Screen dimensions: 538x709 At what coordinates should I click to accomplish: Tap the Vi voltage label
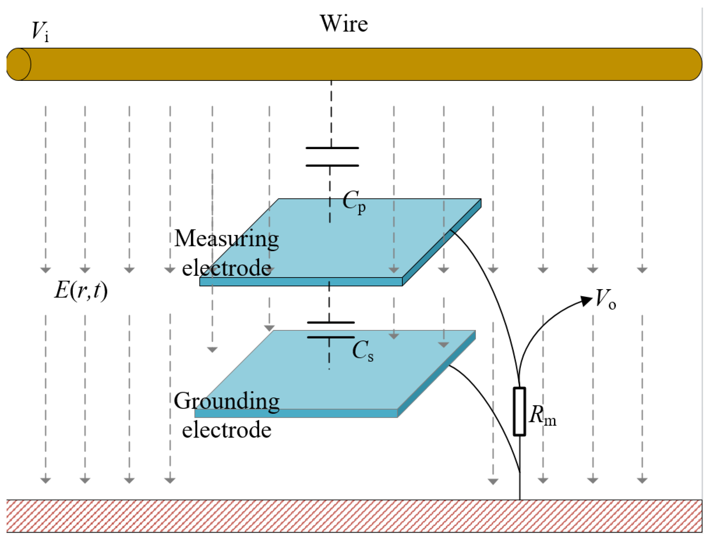[x=40, y=31]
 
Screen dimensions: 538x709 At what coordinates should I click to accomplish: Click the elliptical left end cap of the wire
[x=19, y=64]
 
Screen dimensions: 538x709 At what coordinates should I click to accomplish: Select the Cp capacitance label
[x=353, y=202]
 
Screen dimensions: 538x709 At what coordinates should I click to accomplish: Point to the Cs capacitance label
[x=362, y=350]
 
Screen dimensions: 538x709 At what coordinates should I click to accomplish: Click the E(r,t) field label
[x=81, y=291]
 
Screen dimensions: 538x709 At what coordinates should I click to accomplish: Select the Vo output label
[x=605, y=299]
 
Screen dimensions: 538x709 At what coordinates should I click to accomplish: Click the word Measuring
[x=226, y=239]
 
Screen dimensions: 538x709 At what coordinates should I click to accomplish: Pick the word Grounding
[x=226, y=401]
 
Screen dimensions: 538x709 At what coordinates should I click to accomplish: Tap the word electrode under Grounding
[x=226, y=430]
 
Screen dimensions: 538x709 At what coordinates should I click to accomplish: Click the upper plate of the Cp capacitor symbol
[x=332, y=148]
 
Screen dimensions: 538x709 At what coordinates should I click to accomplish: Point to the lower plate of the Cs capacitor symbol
[x=331, y=337]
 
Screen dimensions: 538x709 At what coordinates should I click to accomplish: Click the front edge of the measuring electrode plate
[x=301, y=282]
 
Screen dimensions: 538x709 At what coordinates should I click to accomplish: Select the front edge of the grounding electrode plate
[x=296, y=413]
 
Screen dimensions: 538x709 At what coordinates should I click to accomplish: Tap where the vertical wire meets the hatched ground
[x=520, y=500]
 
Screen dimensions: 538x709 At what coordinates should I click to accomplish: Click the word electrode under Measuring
[x=226, y=268]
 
